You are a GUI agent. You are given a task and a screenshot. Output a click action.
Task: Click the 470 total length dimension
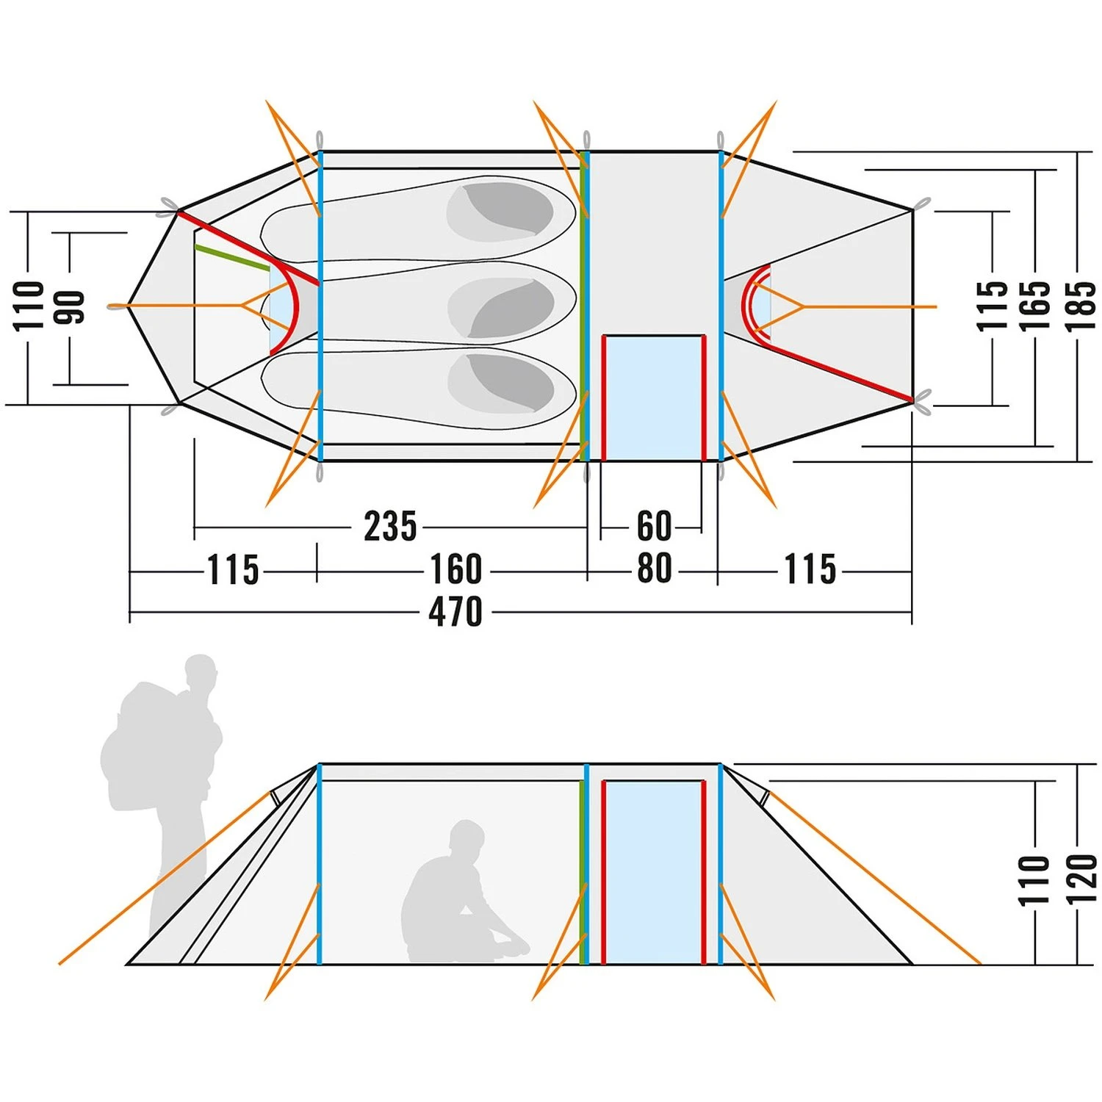455,611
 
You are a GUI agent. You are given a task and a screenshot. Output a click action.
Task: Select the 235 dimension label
390,526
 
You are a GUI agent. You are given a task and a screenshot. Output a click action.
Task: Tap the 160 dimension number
455,569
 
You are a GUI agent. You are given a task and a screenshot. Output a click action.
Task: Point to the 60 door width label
653,526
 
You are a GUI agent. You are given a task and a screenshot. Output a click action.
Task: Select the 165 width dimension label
1036,306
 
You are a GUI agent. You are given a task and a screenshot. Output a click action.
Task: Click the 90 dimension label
72,307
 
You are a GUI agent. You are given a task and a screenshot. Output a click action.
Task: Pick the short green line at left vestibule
232,258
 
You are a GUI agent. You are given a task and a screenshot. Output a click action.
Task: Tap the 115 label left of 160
233,569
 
